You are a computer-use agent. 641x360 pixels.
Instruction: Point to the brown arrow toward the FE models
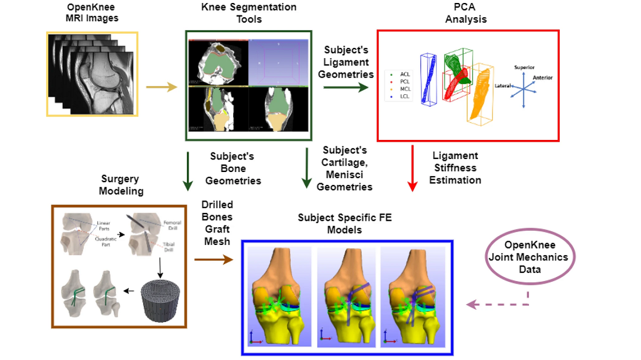(214, 259)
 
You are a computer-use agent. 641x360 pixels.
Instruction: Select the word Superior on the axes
(524, 68)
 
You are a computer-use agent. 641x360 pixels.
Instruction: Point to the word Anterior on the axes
(542, 78)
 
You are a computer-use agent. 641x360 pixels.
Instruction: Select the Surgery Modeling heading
(120, 185)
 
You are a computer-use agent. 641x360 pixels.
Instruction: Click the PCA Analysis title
(466, 13)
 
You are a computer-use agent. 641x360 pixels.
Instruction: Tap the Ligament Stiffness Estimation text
(455, 168)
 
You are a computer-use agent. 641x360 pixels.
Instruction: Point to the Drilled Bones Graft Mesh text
(217, 223)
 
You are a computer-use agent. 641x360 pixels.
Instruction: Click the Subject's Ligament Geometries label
(346, 62)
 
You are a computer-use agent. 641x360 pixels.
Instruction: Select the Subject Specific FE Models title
(344, 224)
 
